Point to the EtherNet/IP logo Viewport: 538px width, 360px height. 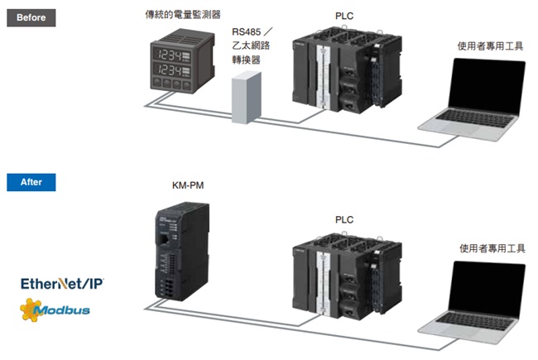tap(63, 284)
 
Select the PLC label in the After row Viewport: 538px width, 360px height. tap(343, 219)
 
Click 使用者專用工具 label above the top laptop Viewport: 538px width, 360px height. tap(490, 46)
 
